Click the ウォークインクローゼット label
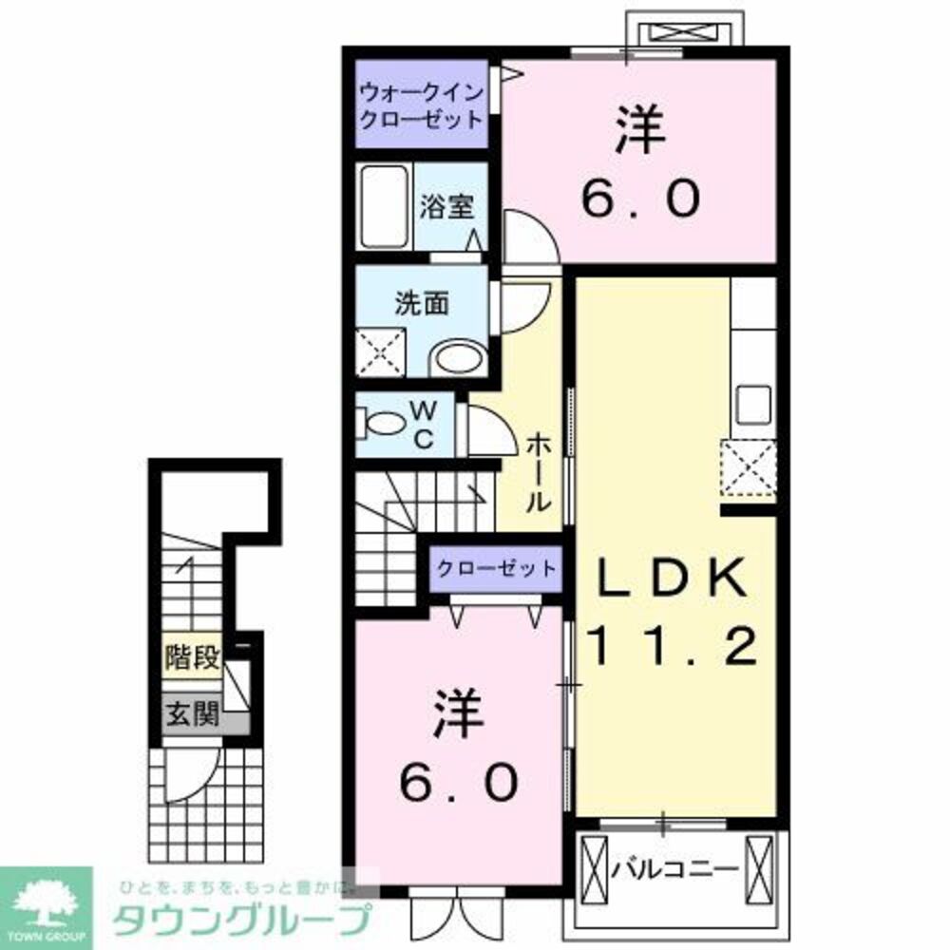[x=421, y=105]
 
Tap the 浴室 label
[x=447, y=207]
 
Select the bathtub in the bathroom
[x=384, y=206]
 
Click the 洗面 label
[x=422, y=304]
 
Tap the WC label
[x=424, y=426]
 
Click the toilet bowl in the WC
[x=383, y=423]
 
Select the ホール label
[x=538, y=472]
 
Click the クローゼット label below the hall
[x=496, y=568]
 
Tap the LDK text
[x=671, y=578]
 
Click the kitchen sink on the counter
[x=753, y=406]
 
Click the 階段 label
[x=193, y=657]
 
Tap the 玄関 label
[x=193, y=713]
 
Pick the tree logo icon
[x=46, y=905]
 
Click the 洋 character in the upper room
[x=641, y=129]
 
